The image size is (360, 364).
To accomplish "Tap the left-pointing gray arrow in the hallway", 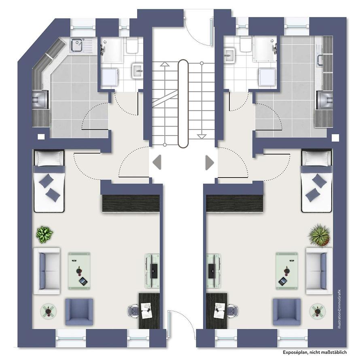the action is click(157, 162).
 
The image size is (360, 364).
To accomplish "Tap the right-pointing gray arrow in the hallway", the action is click(210, 162).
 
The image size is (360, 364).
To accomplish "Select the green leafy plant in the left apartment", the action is click(44, 235).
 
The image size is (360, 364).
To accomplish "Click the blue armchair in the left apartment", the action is click(79, 312).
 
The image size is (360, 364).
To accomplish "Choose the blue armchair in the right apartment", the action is click(287, 312).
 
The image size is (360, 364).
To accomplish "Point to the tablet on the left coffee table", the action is click(83, 281).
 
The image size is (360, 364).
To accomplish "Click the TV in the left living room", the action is click(153, 271).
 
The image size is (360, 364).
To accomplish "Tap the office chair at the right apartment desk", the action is click(233, 311).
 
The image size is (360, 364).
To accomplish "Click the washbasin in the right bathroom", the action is click(230, 55).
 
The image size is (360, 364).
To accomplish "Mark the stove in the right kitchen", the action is click(325, 100).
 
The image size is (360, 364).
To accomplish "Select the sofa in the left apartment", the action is click(47, 271).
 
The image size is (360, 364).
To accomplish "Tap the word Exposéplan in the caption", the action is click(295, 352).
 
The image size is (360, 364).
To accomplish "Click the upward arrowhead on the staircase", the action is click(165, 64).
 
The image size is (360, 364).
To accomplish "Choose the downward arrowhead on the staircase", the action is click(201, 137).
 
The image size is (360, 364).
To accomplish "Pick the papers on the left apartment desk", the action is click(147, 311).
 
